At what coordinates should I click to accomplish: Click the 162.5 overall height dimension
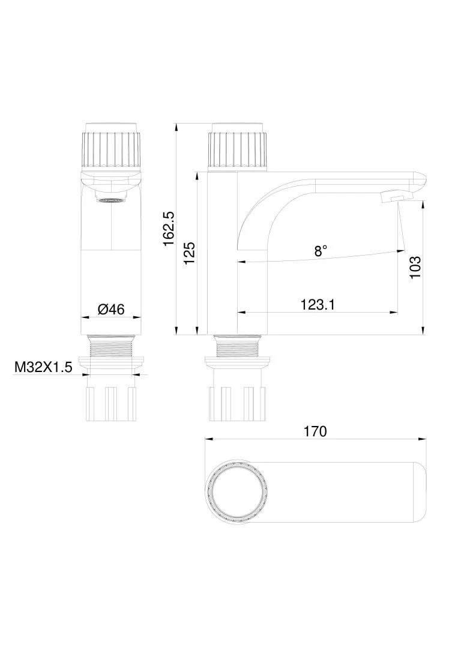169,229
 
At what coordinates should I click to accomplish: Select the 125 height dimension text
190,253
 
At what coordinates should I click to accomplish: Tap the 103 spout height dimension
415,266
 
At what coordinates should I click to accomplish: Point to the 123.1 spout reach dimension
317,305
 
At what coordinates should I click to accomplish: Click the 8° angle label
321,251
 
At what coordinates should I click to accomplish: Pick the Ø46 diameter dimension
111,309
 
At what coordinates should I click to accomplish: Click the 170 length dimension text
315,431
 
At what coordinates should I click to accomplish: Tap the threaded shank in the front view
111,346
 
